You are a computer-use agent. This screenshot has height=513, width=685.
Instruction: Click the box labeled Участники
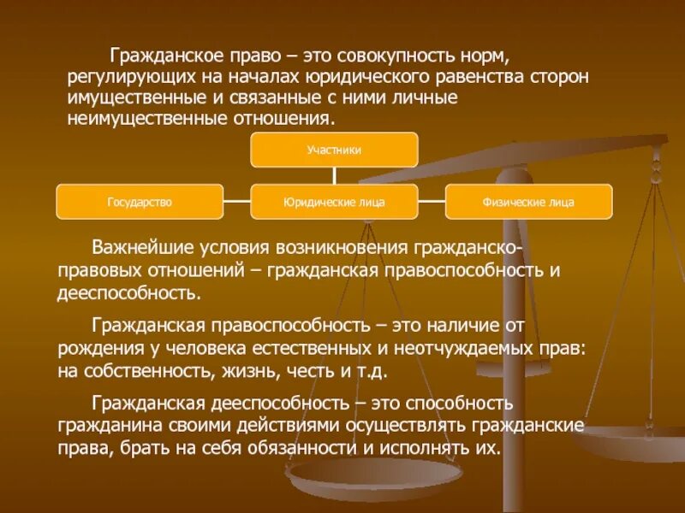click(x=334, y=150)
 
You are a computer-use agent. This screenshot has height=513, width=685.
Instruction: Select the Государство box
click(x=140, y=202)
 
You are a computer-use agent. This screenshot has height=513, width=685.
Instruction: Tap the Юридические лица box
click(x=334, y=202)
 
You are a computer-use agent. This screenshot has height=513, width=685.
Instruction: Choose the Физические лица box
click(x=528, y=202)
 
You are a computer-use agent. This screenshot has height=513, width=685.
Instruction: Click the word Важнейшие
click(x=137, y=248)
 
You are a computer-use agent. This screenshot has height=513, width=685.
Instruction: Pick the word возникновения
click(x=342, y=248)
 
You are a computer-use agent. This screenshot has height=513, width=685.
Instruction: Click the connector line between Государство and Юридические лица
click(x=237, y=202)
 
